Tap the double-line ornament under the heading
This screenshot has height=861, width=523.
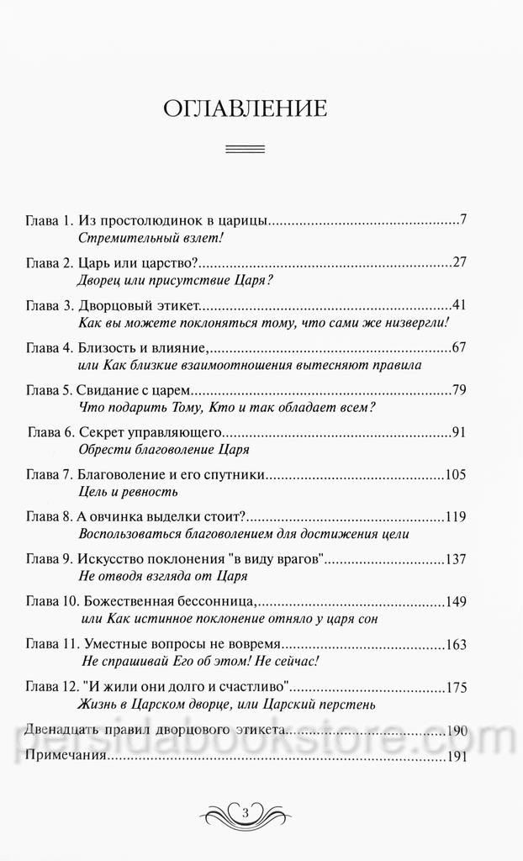pos(246,150)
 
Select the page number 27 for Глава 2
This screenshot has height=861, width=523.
pos(458,262)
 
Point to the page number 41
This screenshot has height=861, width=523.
pos(458,304)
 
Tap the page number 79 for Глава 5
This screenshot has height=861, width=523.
pos(458,388)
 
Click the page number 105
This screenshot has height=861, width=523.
pos(455,475)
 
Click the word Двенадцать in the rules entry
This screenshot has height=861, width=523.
pos(64,729)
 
